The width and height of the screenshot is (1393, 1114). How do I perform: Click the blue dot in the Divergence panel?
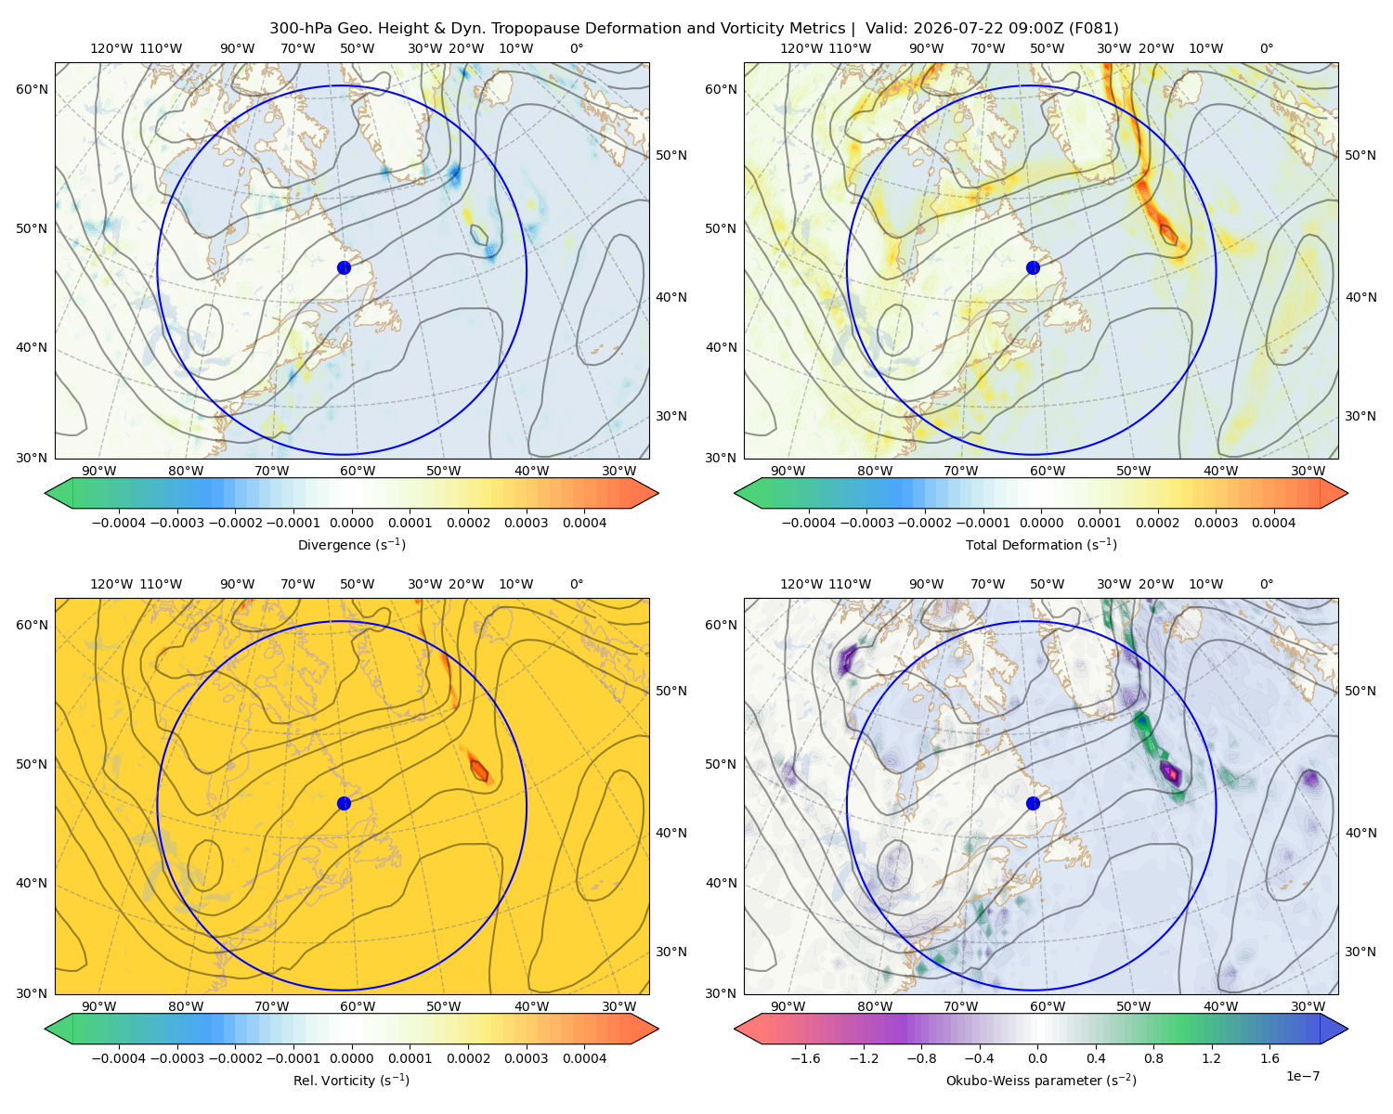click(344, 268)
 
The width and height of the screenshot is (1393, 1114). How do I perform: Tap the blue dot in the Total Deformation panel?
click(1033, 268)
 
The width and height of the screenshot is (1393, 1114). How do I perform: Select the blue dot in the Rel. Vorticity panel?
click(344, 803)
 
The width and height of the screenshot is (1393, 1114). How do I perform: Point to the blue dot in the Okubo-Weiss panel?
click(1033, 803)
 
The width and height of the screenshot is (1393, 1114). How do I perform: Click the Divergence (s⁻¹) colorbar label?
click(351, 545)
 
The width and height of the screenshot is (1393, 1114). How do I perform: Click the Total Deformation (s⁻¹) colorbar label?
click(1041, 545)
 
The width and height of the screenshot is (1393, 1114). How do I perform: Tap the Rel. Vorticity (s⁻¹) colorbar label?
click(351, 1081)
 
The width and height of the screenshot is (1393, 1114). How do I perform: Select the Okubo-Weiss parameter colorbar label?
click(1041, 1081)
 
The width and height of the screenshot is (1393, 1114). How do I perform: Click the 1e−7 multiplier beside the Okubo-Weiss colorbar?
click(1302, 1076)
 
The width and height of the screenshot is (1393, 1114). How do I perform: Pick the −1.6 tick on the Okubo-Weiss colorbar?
click(805, 1058)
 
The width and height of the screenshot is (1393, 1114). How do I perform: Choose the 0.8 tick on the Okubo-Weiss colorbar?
click(1153, 1058)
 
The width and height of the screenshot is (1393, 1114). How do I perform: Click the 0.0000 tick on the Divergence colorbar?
click(351, 523)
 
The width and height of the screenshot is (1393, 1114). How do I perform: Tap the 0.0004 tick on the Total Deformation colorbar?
click(1274, 523)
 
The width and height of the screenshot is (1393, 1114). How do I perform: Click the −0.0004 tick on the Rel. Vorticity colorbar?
click(119, 1058)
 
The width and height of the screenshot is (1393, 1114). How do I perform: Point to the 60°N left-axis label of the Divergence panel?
click(32, 89)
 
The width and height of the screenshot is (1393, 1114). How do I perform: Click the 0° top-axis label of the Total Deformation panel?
click(1267, 48)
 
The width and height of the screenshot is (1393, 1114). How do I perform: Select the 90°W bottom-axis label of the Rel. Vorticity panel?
click(99, 1006)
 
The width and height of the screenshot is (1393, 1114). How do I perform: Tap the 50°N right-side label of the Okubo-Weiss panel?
click(1360, 691)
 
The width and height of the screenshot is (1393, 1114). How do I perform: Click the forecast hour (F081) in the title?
click(1093, 29)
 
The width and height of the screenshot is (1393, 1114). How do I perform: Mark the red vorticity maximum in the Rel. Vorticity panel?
click(479, 770)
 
